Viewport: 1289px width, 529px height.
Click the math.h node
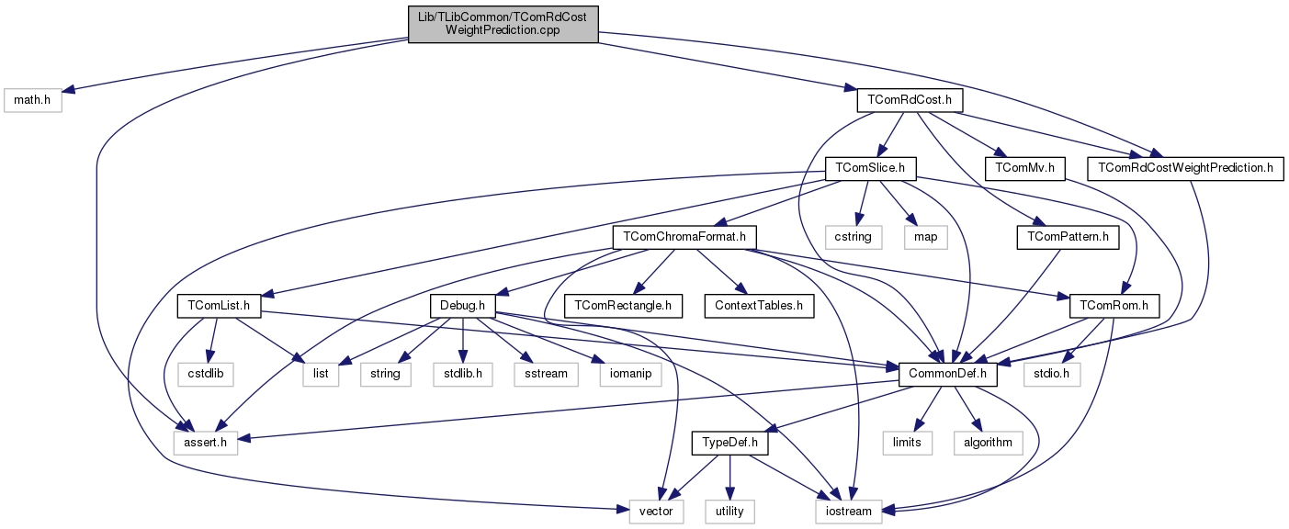click(x=32, y=99)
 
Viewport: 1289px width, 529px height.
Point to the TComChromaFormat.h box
click(x=684, y=237)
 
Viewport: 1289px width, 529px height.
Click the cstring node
click(x=852, y=237)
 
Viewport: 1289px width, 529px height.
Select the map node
click(x=925, y=237)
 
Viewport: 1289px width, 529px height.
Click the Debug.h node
click(x=463, y=305)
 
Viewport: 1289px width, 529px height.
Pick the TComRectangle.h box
click(x=623, y=305)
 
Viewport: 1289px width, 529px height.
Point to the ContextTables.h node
click(x=759, y=305)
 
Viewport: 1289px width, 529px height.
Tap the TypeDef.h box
click(x=729, y=443)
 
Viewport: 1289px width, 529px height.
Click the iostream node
click(x=849, y=511)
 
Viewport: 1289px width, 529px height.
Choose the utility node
click(x=729, y=511)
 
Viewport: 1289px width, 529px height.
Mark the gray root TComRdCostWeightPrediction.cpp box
click(x=503, y=23)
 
